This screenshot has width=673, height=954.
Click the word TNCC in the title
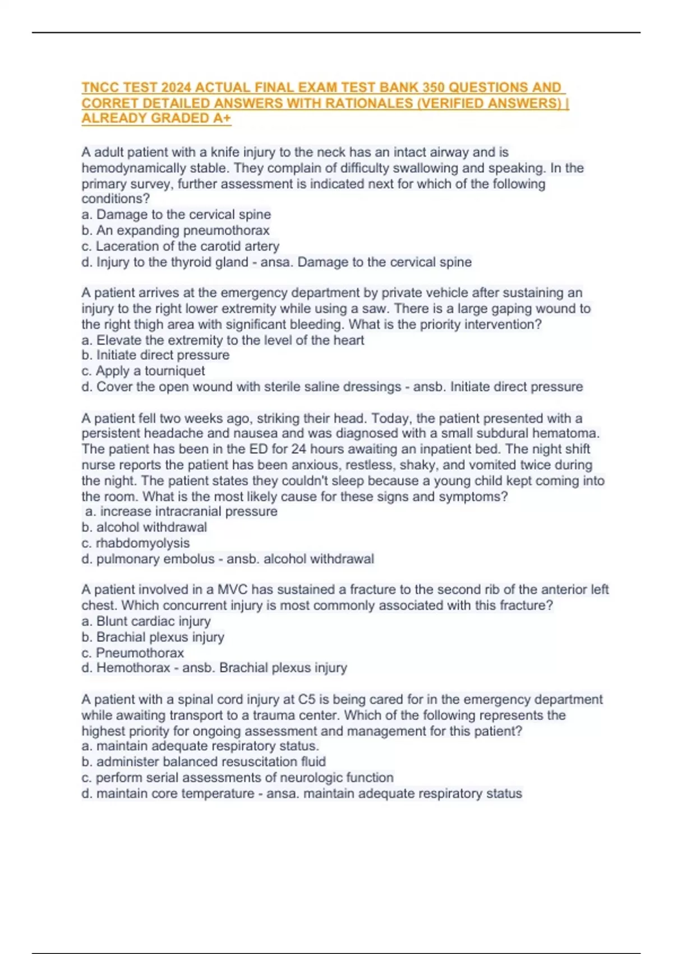pyautogui.click(x=100, y=88)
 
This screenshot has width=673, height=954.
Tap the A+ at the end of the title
pyautogui.click(x=222, y=118)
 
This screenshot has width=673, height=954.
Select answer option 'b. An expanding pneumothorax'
pyautogui.click(x=176, y=231)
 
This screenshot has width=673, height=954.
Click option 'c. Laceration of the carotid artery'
pyautogui.click(x=180, y=246)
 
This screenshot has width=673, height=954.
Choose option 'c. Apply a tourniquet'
pyautogui.click(x=143, y=371)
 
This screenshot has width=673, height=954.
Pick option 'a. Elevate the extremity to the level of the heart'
pyautogui.click(x=223, y=340)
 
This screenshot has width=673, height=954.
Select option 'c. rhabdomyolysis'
pyautogui.click(x=135, y=543)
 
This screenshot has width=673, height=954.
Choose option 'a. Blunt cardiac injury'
pyautogui.click(x=146, y=621)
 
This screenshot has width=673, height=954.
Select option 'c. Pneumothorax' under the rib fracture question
pyautogui.click(x=132, y=653)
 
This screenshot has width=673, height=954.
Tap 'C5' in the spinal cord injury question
pyautogui.click(x=306, y=700)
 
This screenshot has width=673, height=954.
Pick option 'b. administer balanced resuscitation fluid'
pyautogui.click(x=204, y=762)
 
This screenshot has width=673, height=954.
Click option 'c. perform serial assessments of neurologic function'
pyautogui.click(x=237, y=778)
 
